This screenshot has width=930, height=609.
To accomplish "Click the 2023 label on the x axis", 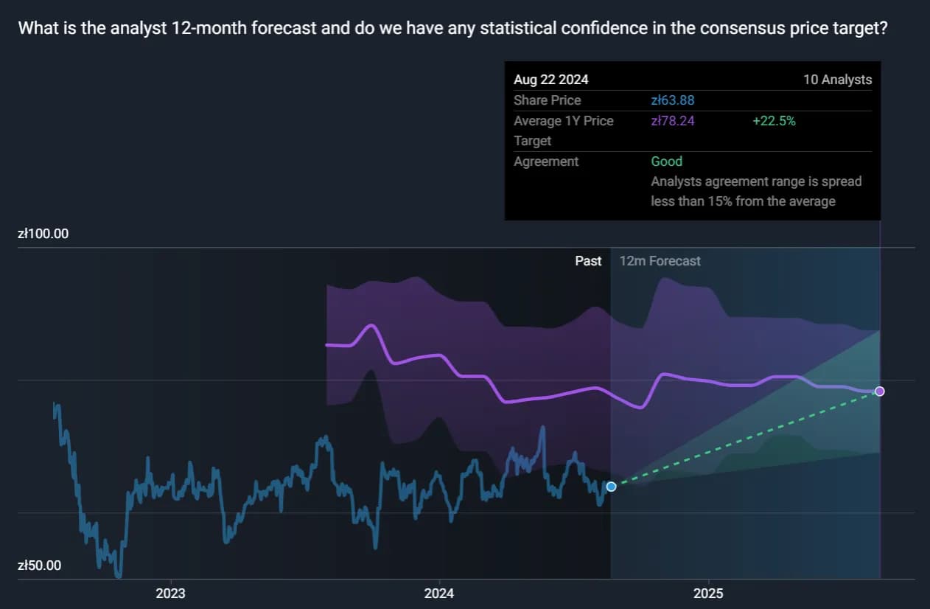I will [170, 594].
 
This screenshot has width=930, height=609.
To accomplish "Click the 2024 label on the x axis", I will [439, 594].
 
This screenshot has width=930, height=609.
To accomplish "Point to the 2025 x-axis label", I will [708, 594].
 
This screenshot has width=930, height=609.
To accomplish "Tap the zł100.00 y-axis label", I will [43, 234].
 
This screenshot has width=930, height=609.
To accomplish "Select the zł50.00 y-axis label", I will [40, 565].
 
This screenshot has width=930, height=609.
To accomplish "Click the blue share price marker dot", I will [611, 487].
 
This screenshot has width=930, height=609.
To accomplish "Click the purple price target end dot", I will [879, 391].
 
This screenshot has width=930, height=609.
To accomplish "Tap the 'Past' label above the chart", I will [588, 261].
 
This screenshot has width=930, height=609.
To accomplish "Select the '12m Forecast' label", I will [660, 261].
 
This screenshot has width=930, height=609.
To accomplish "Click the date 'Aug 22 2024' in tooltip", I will [551, 80].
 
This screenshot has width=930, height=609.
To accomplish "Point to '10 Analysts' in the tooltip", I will [837, 80].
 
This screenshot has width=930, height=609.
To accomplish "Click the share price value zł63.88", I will [673, 100].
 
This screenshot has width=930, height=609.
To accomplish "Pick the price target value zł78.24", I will [673, 121].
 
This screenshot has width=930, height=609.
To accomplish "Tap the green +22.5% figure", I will [774, 121].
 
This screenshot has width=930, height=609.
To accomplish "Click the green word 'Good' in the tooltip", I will [667, 161].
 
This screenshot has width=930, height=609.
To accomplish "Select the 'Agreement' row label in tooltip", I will [546, 161].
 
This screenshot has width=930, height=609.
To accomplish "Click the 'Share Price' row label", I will [548, 100].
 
